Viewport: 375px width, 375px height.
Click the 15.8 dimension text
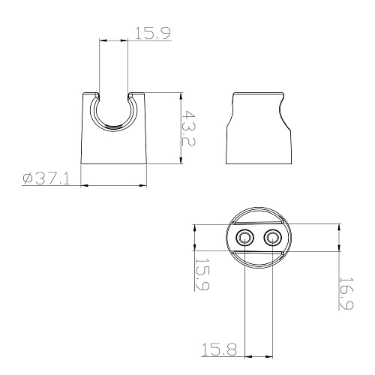(217, 348)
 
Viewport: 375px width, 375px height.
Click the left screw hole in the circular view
(244, 238)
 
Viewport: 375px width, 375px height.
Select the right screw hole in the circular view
(273, 238)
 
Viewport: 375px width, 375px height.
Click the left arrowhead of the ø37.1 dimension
(82, 184)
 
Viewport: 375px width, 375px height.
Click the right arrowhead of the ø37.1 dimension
(143, 184)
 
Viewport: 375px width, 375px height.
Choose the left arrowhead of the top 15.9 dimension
(101, 40)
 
